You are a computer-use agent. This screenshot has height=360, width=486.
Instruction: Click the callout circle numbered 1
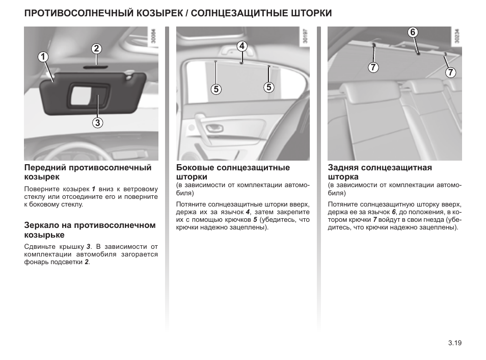44,57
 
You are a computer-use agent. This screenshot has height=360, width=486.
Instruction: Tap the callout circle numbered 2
97,49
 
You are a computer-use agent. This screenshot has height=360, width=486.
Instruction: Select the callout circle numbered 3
97,122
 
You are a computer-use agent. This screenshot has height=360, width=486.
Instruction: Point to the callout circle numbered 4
241,46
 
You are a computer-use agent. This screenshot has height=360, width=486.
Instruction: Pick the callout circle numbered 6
413,32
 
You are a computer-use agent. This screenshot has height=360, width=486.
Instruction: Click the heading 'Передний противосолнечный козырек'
88,172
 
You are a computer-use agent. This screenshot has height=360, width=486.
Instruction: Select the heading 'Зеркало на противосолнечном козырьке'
90,230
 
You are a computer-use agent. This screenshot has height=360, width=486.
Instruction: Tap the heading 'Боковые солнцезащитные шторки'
233,172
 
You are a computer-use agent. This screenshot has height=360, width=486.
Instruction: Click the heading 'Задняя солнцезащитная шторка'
380,172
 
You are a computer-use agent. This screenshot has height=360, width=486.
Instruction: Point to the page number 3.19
454,343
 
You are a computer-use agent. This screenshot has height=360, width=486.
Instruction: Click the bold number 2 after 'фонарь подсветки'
87,262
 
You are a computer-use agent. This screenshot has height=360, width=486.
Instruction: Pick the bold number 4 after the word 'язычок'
248,211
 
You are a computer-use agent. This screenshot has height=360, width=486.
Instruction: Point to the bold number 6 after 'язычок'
393,211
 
